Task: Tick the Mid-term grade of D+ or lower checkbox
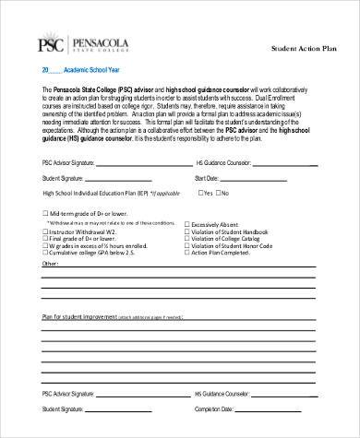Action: [x=46, y=210]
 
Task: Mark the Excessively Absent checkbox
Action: [x=187, y=223]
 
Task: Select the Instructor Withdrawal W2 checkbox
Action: [x=46, y=231]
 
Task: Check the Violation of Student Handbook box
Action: [x=187, y=231]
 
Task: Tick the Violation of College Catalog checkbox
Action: [x=187, y=239]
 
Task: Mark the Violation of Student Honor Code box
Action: [x=187, y=246]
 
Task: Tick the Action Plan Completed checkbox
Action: [x=187, y=254]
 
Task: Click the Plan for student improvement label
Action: [x=83, y=316]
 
